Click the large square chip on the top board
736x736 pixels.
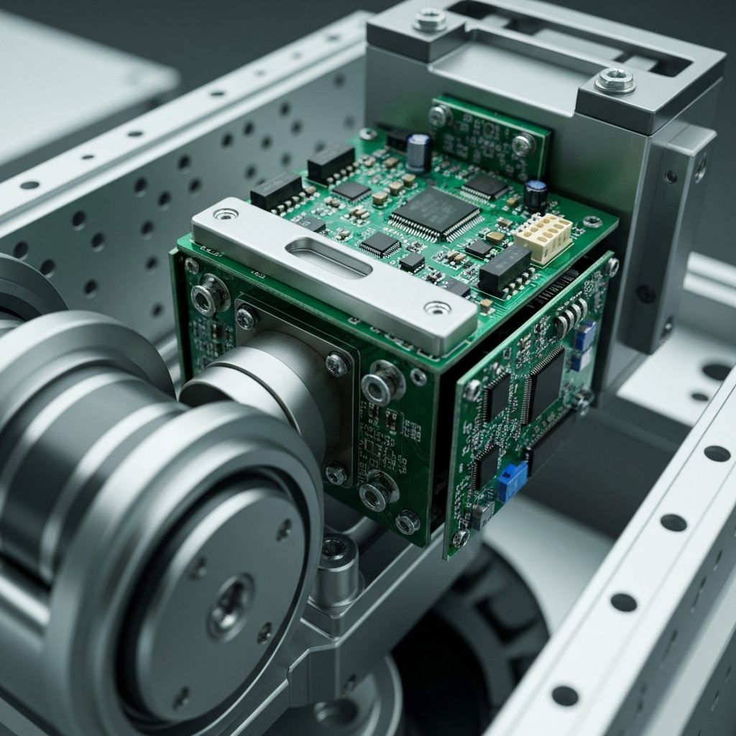[434, 213]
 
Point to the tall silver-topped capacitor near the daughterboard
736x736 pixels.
[418, 152]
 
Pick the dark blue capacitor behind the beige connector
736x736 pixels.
[535, 194]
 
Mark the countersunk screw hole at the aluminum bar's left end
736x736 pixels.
[225, 213]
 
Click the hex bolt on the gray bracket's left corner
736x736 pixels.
[430, 19]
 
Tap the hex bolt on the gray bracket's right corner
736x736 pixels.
[615, 80]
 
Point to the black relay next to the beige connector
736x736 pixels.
[504, 268]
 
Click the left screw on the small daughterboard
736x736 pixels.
[438, 114]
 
